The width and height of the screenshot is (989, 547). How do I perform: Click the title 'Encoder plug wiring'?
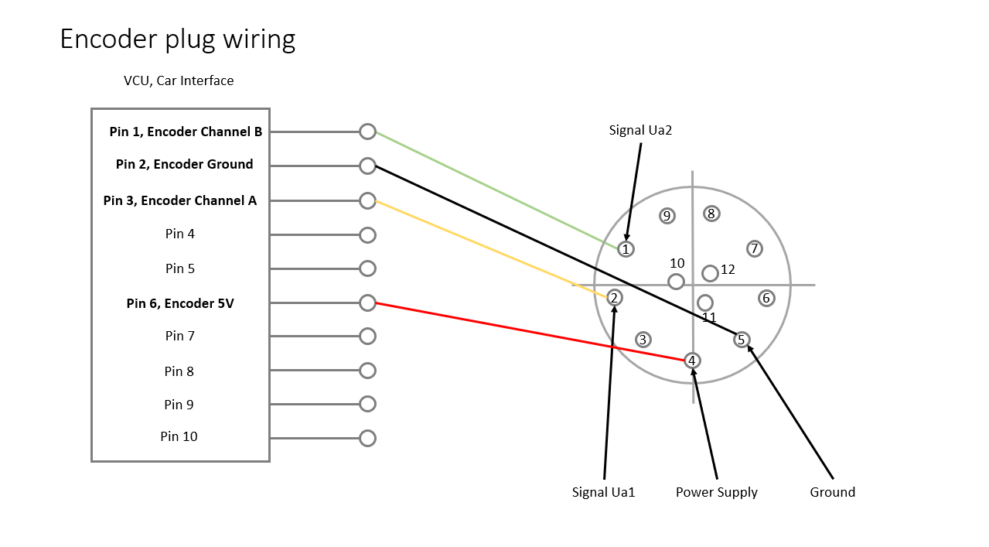(178, 39)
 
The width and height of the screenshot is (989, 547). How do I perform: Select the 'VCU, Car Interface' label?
(179, 80)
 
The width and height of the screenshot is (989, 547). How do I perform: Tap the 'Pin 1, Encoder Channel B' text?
(186, 132)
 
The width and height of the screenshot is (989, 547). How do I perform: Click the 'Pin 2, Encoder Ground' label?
(184, 164)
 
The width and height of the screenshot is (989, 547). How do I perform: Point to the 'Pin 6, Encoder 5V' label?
(180, 303)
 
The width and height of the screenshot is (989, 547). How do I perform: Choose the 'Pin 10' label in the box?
(179, 436)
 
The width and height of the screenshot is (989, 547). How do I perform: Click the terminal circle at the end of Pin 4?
(367, 234)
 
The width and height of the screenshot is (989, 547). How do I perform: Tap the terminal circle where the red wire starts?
(367, 303)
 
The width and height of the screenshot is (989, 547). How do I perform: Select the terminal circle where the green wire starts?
(367, 132)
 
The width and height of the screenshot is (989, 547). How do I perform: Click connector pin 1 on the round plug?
(626, 249)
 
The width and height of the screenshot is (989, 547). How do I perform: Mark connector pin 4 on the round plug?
(692, 361)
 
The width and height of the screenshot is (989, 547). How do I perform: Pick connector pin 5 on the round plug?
(742, 340)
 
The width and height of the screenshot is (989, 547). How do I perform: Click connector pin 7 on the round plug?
(754, 248)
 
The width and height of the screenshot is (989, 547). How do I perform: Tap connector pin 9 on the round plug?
(667, 216)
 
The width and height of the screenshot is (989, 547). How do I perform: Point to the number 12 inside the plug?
(728, 269)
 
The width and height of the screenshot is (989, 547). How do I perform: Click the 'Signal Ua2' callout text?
(640, 130)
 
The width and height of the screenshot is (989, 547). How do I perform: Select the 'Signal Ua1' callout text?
(603, 492)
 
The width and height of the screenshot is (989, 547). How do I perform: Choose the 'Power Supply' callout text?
(717, 492)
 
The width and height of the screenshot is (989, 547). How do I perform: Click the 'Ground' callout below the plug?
(832, 492)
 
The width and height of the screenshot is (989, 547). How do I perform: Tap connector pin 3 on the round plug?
(642, 340)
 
